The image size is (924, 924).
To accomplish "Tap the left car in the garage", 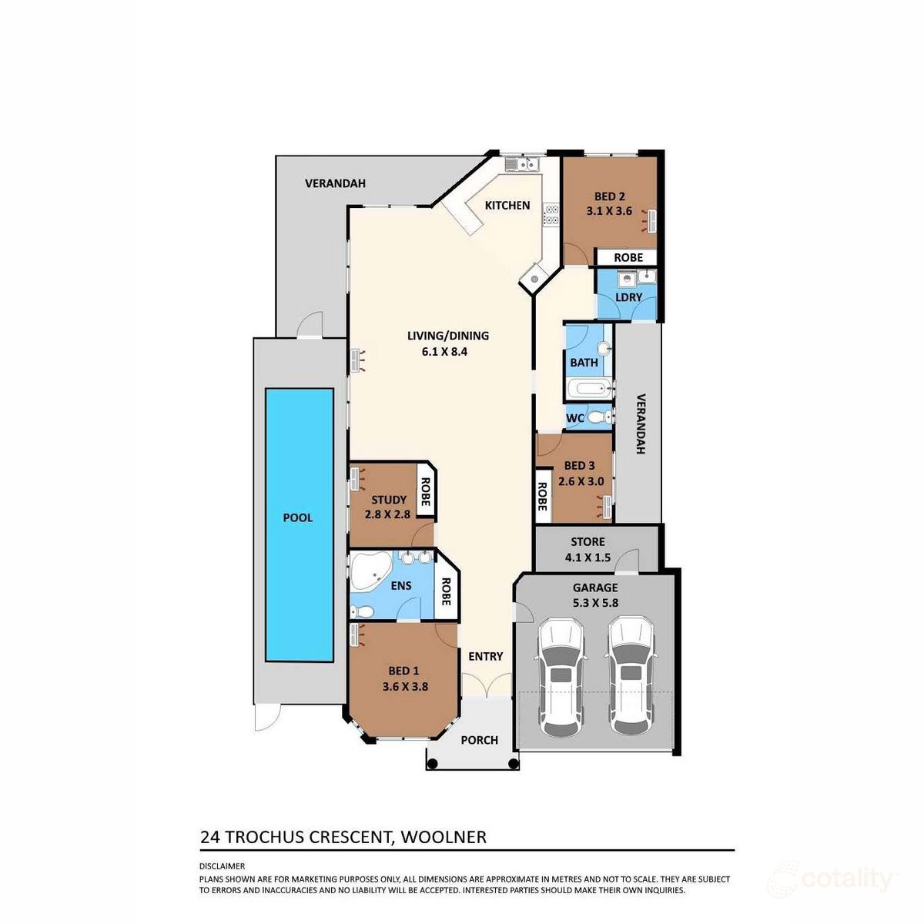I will point(561,678).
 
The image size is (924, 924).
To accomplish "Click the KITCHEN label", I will point(507,206).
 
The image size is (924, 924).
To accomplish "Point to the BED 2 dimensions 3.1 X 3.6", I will point(608,211).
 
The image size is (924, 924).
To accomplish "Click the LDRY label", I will point(628,297).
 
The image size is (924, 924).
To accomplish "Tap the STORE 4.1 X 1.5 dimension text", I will point(588,557).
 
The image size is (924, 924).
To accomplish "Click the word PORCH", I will point(479,740).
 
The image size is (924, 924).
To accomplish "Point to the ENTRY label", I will point(485,657).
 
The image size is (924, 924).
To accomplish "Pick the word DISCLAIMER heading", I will point(222,866).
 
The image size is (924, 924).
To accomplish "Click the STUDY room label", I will point(388,500).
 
